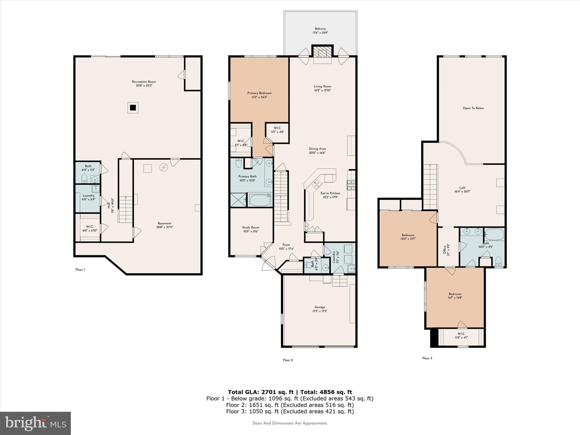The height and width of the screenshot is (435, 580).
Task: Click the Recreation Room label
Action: (144, 82)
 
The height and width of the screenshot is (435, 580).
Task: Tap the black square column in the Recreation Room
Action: (133, 108)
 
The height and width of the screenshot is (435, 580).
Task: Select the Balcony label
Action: (320, 29)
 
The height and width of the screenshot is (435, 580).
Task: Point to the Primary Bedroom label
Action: (259, 93)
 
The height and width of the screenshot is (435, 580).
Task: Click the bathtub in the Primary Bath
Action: (260, 200)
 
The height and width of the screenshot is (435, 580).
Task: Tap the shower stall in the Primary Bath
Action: (238, 200)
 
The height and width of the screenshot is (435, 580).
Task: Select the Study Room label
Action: (251, 227)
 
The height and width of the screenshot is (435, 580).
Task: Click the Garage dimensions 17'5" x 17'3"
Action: (320, 311)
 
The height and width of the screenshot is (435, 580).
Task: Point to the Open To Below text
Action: (473, 108)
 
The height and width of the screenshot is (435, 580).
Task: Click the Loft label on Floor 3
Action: (462, 188)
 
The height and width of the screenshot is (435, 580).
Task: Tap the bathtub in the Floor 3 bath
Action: (494, 235)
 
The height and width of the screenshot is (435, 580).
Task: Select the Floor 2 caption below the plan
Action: (288, 360)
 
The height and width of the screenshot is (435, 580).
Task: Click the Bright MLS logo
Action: (35, 423)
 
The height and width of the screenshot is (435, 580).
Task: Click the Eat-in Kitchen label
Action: (330, 193)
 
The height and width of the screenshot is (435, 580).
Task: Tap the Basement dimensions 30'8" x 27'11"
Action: (165, 227)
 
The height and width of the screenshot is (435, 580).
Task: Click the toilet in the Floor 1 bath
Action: (84, 179)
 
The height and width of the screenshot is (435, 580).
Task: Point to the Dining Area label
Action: (317, 149)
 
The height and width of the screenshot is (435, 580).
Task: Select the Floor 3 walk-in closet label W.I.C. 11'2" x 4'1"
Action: (461, 336)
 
